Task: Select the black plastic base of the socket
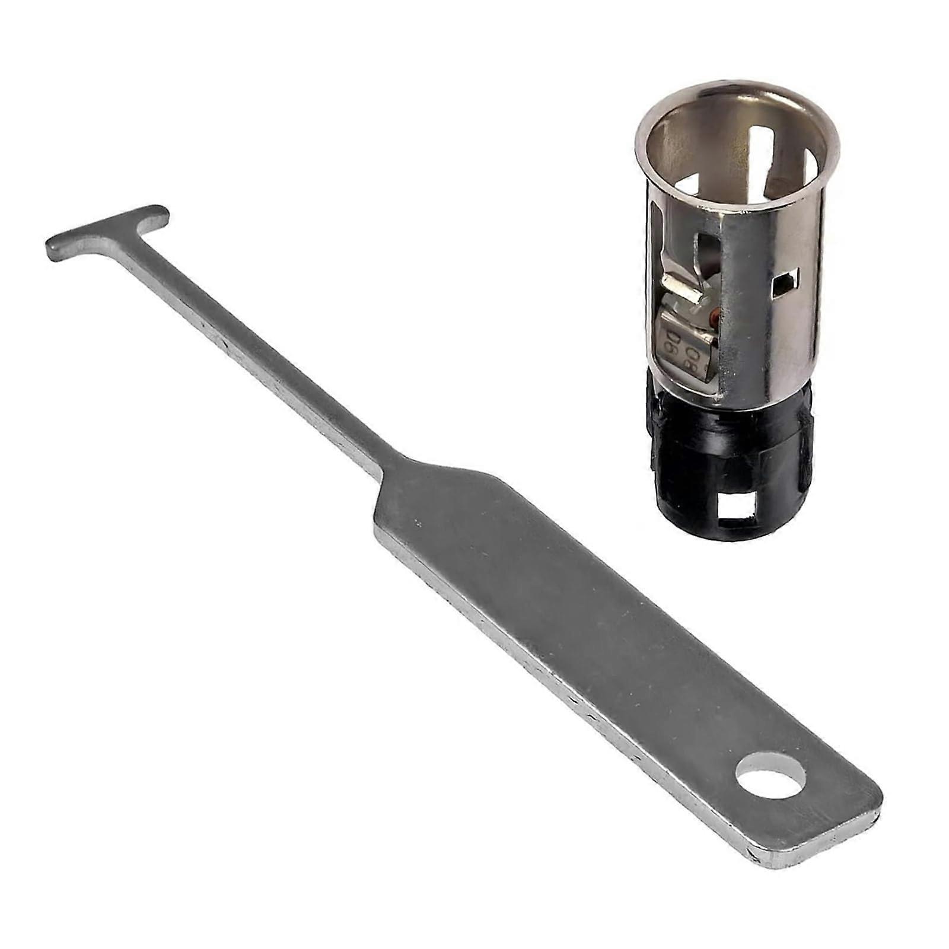(x=724, y=451)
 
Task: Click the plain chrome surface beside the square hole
(x=765, y=332)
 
